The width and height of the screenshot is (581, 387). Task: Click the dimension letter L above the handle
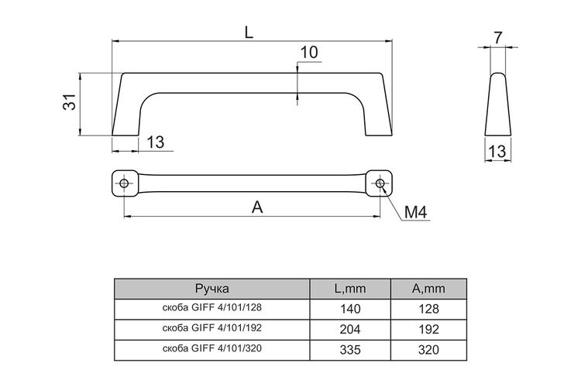249,33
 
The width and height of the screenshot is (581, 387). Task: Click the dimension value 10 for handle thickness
308,52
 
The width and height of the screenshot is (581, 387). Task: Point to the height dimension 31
69,102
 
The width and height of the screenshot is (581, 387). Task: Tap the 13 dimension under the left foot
156,142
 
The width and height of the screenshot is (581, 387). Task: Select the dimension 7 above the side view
497,38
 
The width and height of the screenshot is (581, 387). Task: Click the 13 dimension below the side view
497,152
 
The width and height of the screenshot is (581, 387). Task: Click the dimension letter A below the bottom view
257,207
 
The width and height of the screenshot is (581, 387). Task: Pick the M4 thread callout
416,213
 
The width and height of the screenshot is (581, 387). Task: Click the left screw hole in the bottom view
124,183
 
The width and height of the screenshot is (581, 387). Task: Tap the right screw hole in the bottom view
380,183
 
